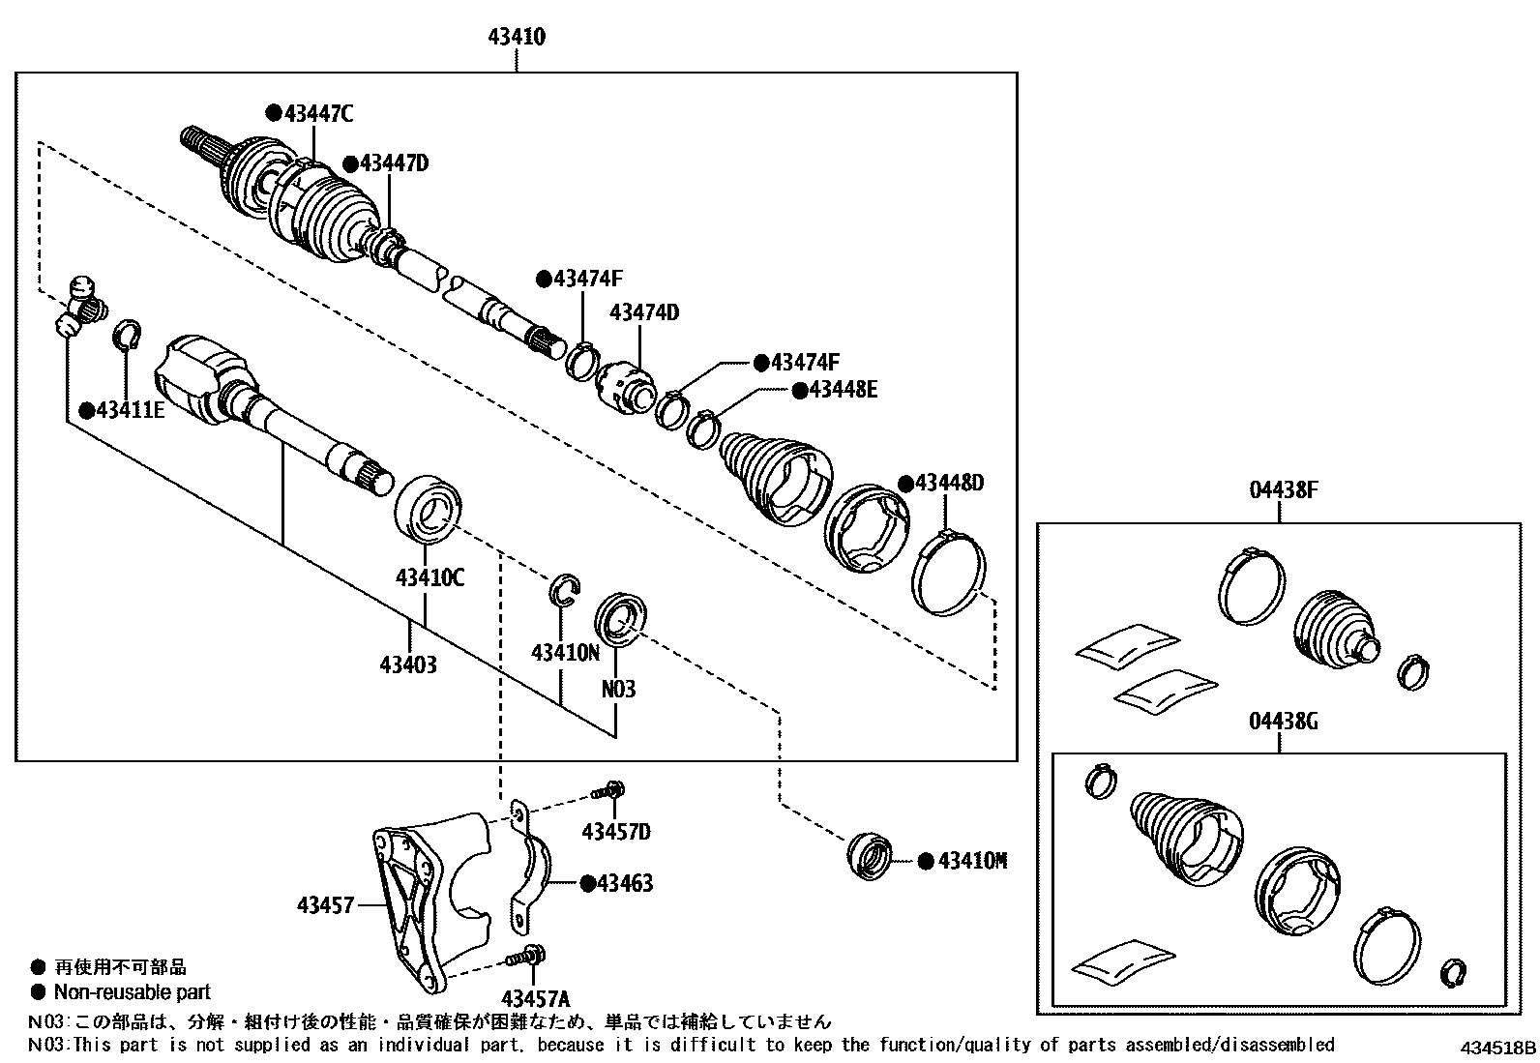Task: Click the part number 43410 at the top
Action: tap(517, 38)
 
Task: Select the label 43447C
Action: tap(318, 114)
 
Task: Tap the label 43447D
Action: tap(394, 162)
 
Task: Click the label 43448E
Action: tap(843, 390)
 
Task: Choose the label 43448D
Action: tap(948, 482)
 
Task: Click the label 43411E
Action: tap(130, 410)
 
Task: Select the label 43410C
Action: tap(429, 578)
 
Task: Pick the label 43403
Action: tap(408, 664)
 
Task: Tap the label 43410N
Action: tap(565, 653)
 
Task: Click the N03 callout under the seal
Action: tap(618, 690)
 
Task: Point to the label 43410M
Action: tap(972, 861)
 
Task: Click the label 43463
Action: tap(625, 883)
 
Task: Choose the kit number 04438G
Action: tap(1283, 722)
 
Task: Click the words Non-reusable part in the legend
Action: tap(133, 991)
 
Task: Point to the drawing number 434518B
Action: tap(1497, 1048)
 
